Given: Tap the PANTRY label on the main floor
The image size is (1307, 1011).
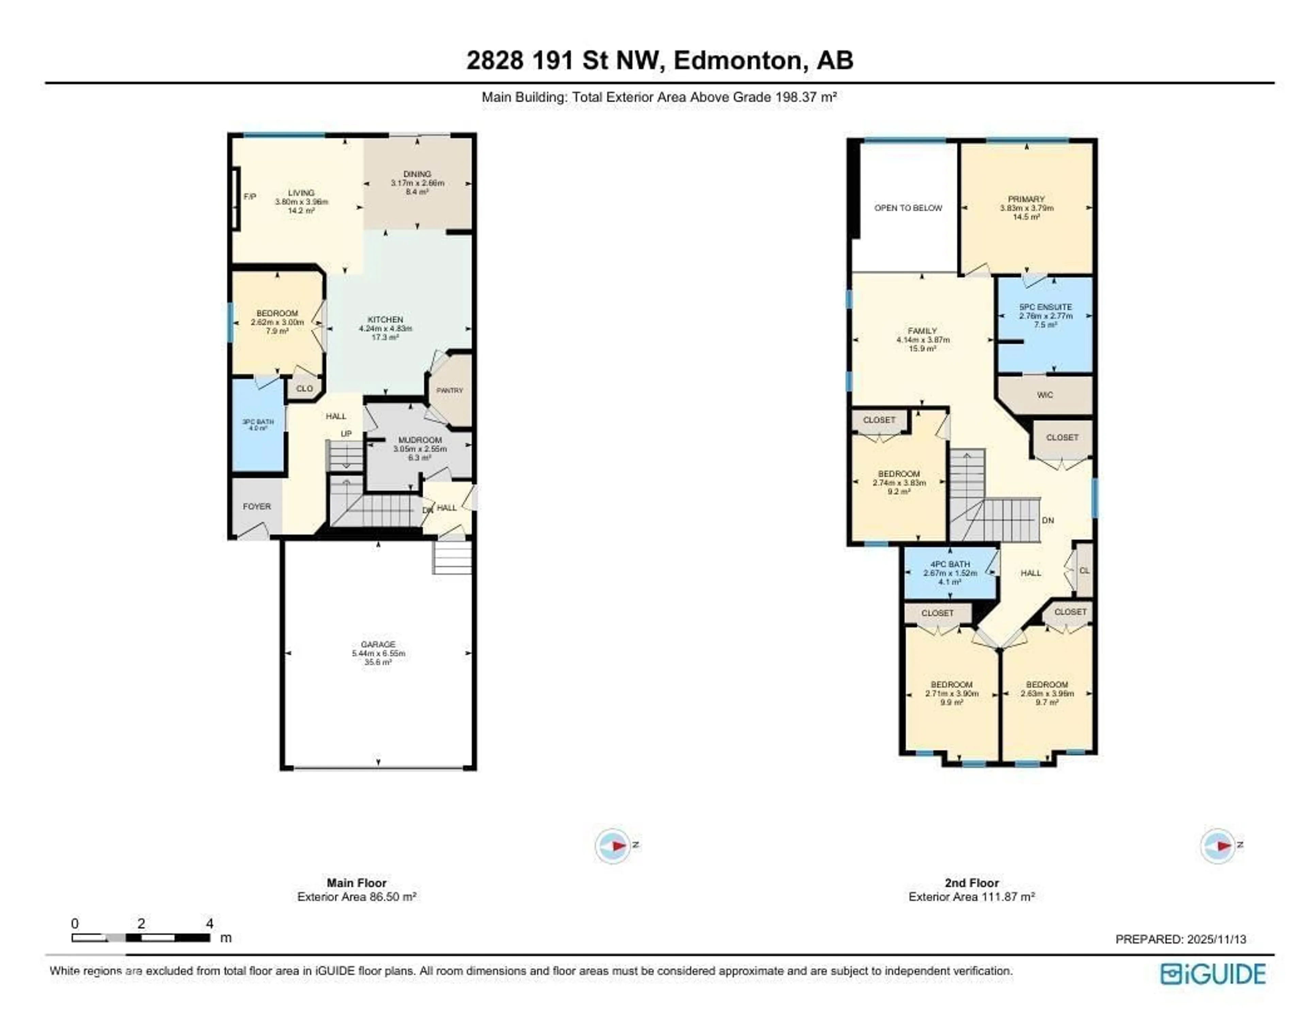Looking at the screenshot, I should (x=449, y=390).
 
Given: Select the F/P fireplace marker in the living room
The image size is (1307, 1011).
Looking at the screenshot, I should (x=249, y=196).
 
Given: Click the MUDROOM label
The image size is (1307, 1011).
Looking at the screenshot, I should (x=420, y=440).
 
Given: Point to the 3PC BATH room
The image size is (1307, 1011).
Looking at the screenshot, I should (x=258, y=424).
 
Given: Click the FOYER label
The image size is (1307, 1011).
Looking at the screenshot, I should (x=257, y=507).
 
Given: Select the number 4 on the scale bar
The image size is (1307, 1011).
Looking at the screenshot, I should (x=209, y=924).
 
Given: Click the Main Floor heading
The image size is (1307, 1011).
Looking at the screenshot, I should (x=357, y=883).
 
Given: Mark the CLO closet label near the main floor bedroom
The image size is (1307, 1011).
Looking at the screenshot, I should (x=304, y=388).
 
